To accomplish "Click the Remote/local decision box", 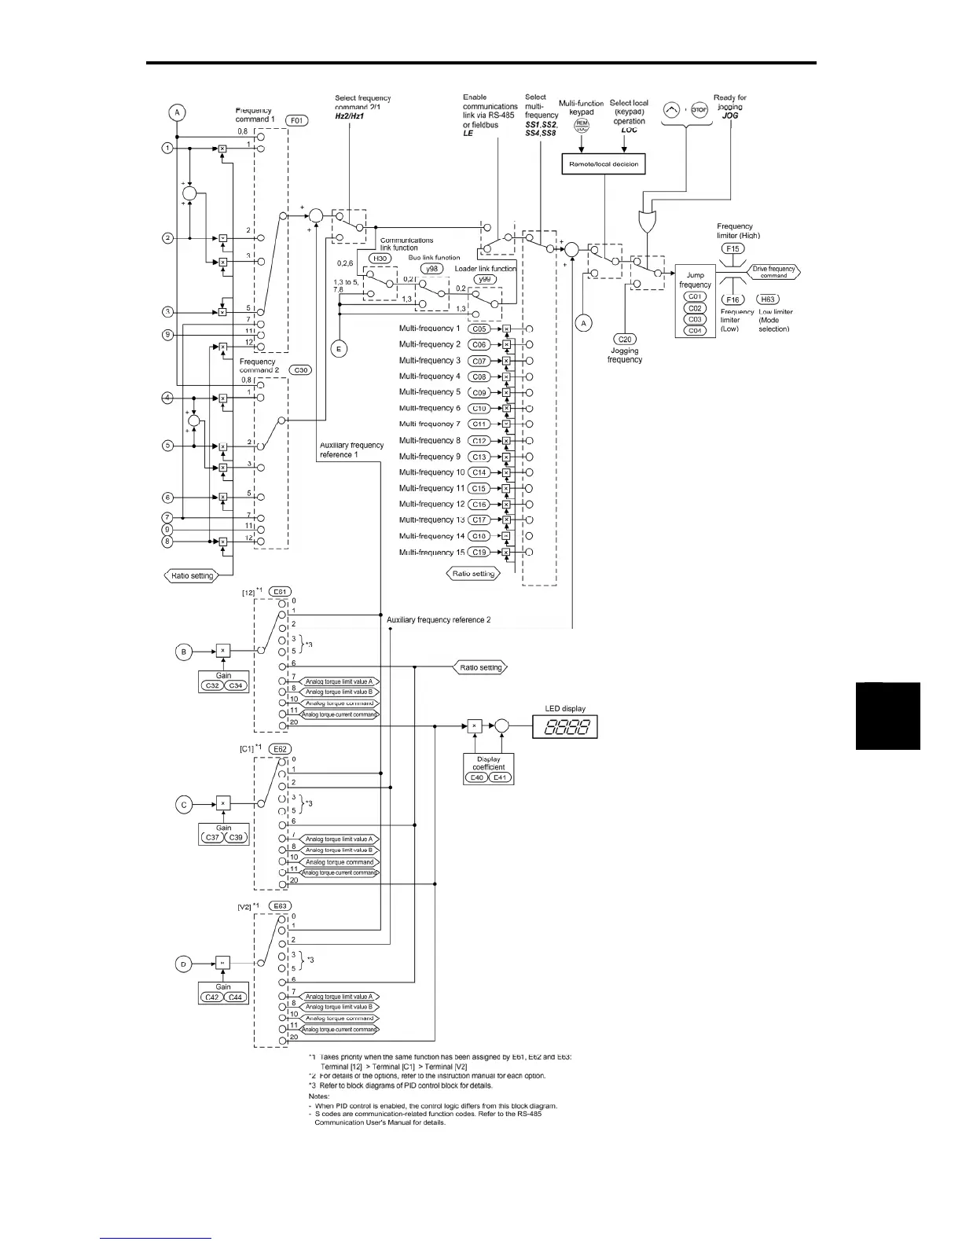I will [x=604, y=164].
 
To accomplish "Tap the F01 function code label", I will [x=297, y=121].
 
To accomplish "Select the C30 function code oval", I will [x=300, y=369].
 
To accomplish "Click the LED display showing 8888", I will [x=565, y=726].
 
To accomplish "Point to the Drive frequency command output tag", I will [x=773, y=272].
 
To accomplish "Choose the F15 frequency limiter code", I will [x=733, y=248].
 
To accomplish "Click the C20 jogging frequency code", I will [x=625, y=340].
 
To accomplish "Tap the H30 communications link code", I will [x=380, y=259].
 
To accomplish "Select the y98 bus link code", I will [x=431, y=269].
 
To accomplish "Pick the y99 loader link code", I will [x=485, y=280].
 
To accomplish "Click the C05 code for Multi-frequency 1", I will [x=479, y=329].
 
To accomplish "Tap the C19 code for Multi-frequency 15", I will [x=479, y=553].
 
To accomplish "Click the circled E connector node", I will [x=339, y=350].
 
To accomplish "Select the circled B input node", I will [x=184, y=651].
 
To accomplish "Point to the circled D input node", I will [x=184, y=964].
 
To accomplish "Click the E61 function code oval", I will [x=280, y=591].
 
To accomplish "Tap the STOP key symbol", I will [x=699, y=111].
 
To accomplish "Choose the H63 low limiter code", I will [x=768, y=299].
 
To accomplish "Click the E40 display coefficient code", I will [x=475, y=777].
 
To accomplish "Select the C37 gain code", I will [x=212, y=838].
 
